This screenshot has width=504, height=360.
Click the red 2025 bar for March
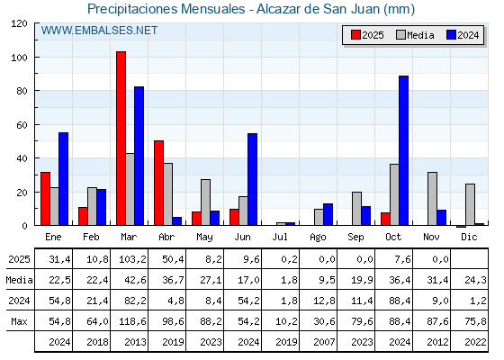[x=121, y=139]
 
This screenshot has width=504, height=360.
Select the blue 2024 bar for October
[x=404, y=150]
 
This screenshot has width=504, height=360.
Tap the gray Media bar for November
[x=432, y=199]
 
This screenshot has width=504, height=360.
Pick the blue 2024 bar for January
[x=63, y=179]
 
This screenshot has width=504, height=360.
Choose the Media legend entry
[x=414, y=35]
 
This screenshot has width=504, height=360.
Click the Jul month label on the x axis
[x=281, y=236]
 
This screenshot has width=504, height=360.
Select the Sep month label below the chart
[x=356, y=236]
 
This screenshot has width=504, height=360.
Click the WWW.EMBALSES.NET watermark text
[x=100, y=31]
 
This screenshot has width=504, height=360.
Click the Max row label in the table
[x=18, y=321]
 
